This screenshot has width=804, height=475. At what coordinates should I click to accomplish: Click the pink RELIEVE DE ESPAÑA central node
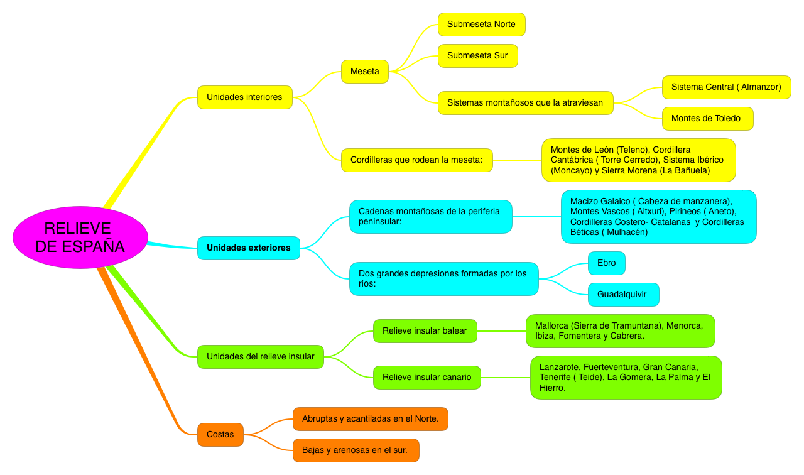[80, 237]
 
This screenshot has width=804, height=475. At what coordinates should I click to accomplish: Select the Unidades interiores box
[245, 97]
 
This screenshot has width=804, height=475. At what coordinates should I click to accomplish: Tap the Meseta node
[365, 72]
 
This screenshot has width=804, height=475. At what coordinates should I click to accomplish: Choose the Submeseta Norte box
[481, 25]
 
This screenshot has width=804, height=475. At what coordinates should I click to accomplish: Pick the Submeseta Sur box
[477, 56]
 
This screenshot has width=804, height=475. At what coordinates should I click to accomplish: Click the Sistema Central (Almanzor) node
[726, 87]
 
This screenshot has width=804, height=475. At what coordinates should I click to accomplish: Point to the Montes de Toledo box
[707, 119]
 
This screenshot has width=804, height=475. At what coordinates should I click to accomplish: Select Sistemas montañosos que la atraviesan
[525, 103]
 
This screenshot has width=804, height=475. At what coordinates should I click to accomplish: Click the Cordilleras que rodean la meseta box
[416, 160]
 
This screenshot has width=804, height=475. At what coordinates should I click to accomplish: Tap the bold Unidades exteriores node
[249, 248]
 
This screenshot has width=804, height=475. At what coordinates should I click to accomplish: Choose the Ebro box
[607, 263]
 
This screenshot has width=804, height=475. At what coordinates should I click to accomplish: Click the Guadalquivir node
[622, 295]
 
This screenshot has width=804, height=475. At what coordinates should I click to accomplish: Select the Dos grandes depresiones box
[443, 279]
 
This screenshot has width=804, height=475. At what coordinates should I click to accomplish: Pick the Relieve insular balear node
[425, 331]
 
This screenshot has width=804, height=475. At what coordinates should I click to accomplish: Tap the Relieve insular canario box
[427, 378]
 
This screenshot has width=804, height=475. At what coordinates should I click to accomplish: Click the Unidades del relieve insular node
[261, 357]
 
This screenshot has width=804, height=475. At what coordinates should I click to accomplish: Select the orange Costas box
[220, 435]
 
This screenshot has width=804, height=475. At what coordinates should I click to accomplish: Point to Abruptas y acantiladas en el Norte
[371, 419]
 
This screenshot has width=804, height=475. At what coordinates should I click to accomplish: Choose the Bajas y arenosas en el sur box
[356, 450]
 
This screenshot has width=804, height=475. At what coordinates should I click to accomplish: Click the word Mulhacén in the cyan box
[624, 232]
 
